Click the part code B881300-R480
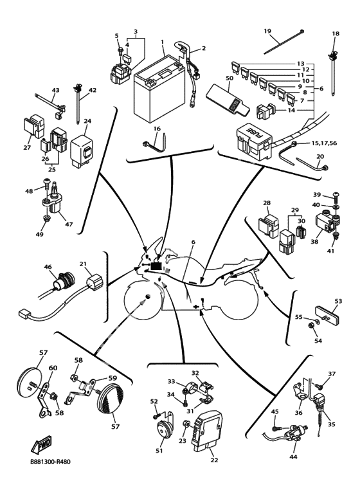coord(50,462)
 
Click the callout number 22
coord(214,460)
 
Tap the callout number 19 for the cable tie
coord(267,31)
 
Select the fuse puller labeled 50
coord(227,100)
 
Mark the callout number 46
coord(48,267)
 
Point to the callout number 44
coord(293,456)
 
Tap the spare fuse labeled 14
coord(265,111)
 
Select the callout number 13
coord(300,64)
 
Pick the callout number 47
coord(69,224)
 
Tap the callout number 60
coord(53,368)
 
